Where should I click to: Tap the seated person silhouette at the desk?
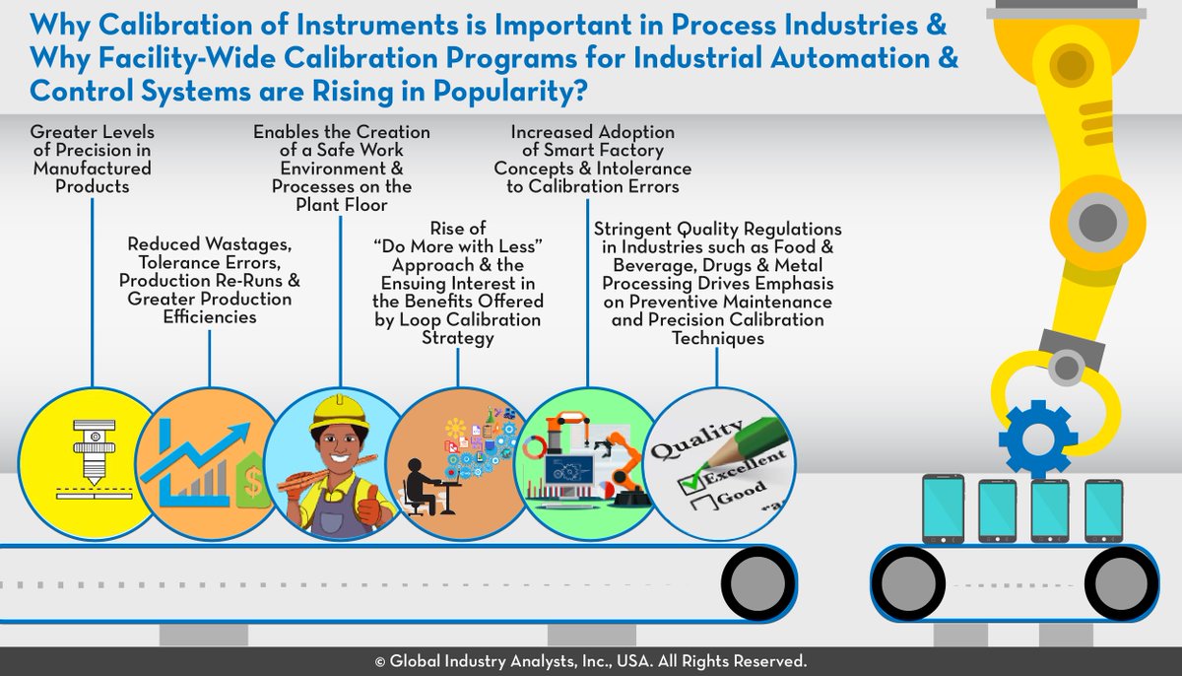422,489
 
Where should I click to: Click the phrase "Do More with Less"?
458,246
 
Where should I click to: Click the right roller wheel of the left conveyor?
756,579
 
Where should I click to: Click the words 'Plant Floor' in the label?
342,203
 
